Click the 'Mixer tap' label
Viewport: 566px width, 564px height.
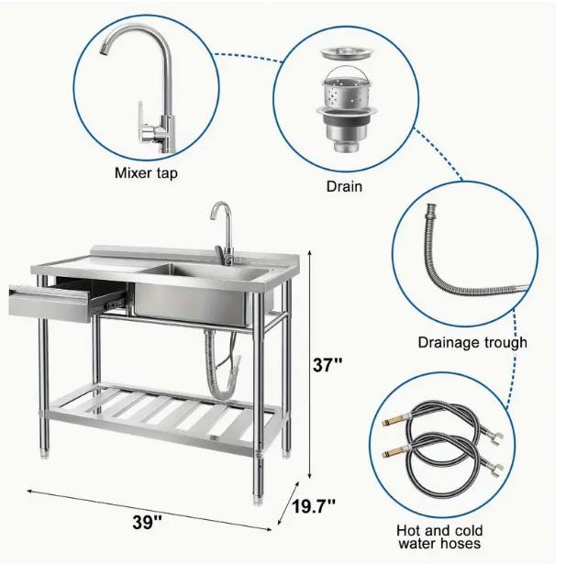(x=146, y=173)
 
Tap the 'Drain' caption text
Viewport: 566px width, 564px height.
(x=344, y=186)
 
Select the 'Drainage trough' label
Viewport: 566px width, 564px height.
(x=472, y=343)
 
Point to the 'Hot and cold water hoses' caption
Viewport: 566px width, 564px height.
(x=439, y=536)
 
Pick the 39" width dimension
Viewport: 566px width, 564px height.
(x=147, y=522)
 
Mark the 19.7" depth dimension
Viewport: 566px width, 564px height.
(x=314, y=506)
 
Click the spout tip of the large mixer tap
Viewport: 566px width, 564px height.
(x=103, y=51)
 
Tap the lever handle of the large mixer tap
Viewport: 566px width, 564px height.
(x=141, y=121)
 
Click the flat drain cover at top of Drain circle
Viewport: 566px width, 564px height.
(x=345, y=52)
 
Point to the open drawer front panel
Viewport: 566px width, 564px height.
(x=50, y=304)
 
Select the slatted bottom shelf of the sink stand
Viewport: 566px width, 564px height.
(x=162, y=415)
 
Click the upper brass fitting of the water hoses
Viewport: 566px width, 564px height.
(x=394, y=421)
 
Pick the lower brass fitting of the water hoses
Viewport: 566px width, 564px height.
(x=394, y=451)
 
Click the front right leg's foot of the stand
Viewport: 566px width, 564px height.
(x=259, y=500)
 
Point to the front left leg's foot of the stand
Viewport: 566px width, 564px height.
(x=45, y=453)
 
